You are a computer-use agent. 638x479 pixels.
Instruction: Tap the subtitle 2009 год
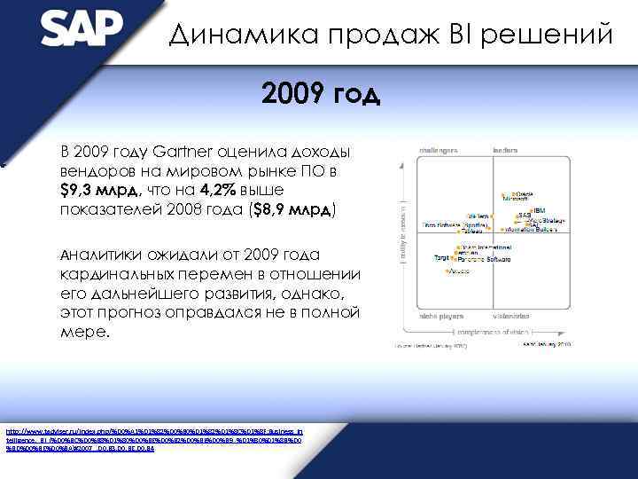(321, 92)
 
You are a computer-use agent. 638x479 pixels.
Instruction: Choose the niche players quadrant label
(427, 316)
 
